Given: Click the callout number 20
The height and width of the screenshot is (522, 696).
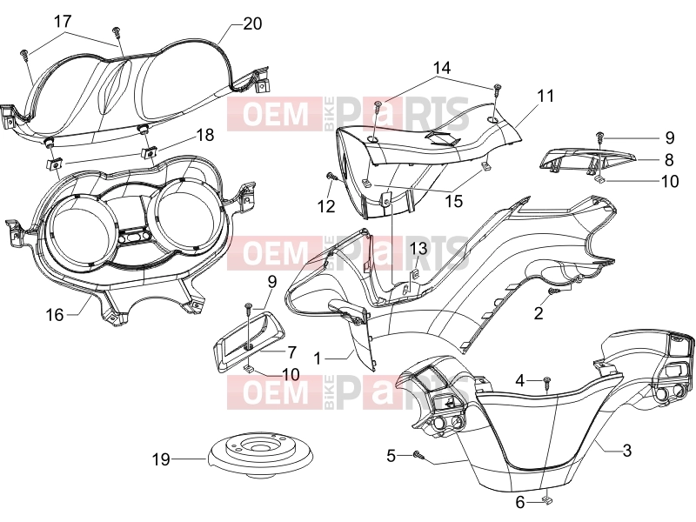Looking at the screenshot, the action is pyautogui.click(x=252, y=23).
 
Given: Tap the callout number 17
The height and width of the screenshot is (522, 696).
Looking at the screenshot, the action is pyautogui.click(x=63, y=21).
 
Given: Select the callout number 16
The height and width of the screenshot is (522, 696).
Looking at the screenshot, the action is pyautogui.click(x=55, y=315).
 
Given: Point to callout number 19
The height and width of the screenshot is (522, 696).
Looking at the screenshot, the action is pyautogui.click(x=161, y=459).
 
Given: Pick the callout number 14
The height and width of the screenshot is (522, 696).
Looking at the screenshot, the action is pyautogui.click(x=442, y=68).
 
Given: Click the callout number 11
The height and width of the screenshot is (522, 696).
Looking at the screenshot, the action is pyautogui.click(x=545, y=96).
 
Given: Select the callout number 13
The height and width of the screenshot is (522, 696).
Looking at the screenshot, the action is pyautogui.click(x=418, y=248).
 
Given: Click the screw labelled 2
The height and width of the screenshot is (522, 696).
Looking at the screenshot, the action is pyautogui.click(x=554, y=291).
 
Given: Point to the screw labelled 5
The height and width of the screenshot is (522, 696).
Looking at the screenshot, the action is pyautogui.click(x=419, y=454).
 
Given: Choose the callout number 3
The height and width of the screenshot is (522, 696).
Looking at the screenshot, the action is pyautogui.click(x=626, y=451).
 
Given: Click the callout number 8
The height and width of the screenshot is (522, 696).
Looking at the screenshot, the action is pyautogui.click(x=669, y=160).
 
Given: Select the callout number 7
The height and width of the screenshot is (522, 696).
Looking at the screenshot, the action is pyautogui.click(x=291, y=352).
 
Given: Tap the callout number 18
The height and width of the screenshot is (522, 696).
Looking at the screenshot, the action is pyautogui.click(x=205, y=135).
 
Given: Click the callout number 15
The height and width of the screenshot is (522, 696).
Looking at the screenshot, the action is pyautogui.click(x=453, y=201).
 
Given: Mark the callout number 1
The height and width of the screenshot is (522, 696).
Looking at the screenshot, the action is pyautogui.click(x=317, y=358).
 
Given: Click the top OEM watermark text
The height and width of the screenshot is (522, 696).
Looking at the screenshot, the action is pyautogui.click(x=275, y=114).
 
